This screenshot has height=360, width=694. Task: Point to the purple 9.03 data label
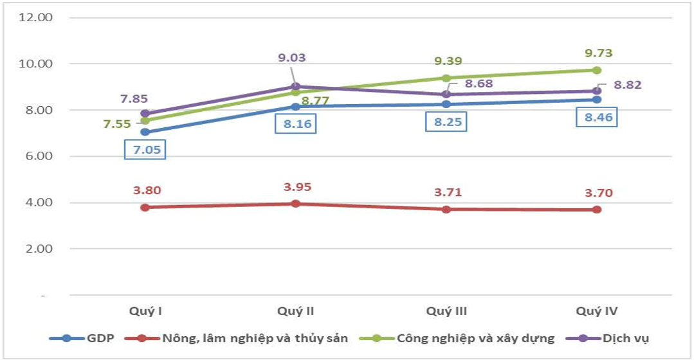[292, 57]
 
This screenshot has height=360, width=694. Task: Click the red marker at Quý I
[145, 207]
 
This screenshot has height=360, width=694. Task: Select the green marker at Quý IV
[597, 70]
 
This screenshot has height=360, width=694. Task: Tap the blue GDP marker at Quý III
[446, 104]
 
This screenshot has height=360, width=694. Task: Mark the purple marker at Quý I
[145, 114]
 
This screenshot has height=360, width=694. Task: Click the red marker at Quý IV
[597, 210]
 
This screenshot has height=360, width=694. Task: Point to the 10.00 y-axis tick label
[35, 64]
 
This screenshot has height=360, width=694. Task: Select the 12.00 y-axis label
[35, 17]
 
